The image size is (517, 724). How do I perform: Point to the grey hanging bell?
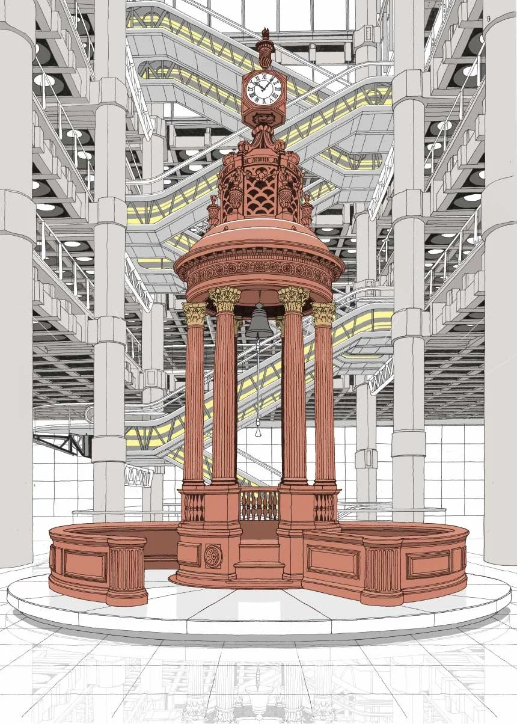point(259,323)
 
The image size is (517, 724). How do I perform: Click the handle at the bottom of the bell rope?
point(258,431)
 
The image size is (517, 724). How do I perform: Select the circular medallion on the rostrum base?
point(213,556)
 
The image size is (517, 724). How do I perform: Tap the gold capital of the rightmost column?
point(323,314)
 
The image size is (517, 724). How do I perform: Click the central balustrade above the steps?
point(259,504)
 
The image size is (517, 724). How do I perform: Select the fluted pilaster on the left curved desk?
point(126,568)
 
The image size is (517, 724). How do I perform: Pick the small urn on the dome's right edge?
point(307,210)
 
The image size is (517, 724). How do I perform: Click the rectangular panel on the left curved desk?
point(85,565)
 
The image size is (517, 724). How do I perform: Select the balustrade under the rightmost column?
point(324,507)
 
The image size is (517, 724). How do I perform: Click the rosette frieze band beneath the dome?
point(259,271)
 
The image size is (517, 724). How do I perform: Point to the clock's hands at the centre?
point(263,89)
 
